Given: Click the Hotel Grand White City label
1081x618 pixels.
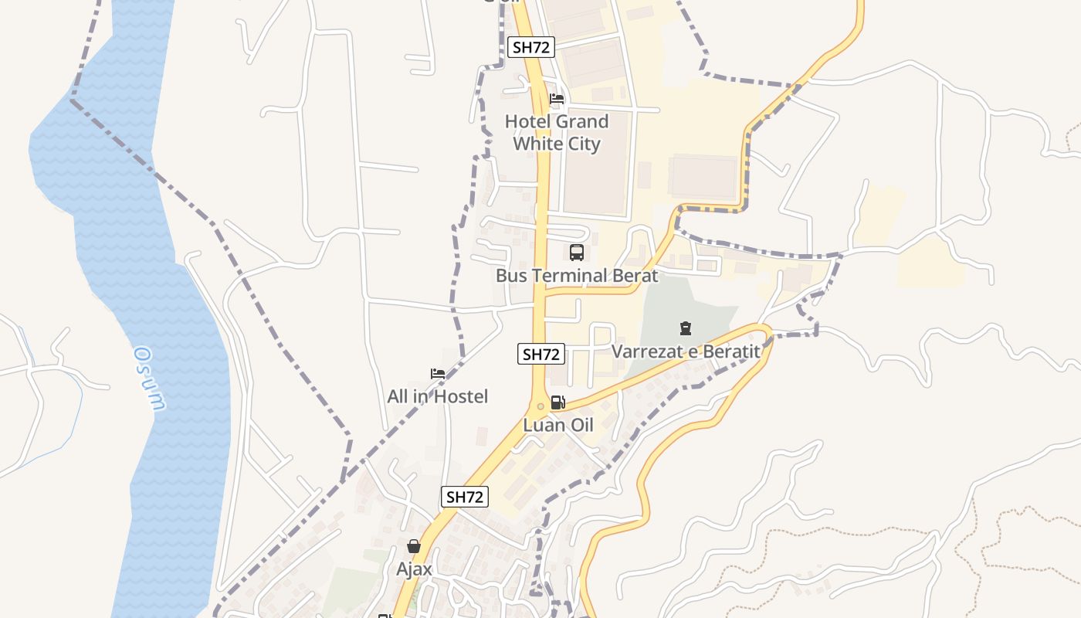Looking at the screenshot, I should click(557, 132).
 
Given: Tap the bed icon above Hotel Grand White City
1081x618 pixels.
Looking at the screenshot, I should click(557, 99).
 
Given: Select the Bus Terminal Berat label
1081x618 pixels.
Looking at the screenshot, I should click(577, 276).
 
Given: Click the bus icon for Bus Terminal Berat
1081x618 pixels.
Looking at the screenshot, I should click(577, 253).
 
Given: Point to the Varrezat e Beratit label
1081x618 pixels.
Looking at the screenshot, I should click(686, 351).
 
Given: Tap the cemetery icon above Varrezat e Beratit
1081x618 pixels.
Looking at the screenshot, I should click(685, 329).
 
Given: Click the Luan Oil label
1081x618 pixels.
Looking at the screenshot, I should click(558, 425).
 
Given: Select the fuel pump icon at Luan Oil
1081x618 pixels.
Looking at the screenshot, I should click(558, 402).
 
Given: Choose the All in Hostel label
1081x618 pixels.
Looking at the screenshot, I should click(438, 396).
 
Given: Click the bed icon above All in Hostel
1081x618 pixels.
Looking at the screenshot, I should click(438, 374).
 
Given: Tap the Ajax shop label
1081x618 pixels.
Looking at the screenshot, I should click(414, 569).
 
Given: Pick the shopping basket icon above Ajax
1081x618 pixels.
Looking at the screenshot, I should click(414, 546).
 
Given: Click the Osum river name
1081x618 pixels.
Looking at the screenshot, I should click(150, 379).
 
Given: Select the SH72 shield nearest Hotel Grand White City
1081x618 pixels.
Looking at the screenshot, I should click(532, 47).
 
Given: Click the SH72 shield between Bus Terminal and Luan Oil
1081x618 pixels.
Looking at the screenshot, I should click(540, 355).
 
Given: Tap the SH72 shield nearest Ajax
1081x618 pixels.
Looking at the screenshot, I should click(465, 497).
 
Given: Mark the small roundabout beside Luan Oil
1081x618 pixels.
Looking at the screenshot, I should click(540, 406).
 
